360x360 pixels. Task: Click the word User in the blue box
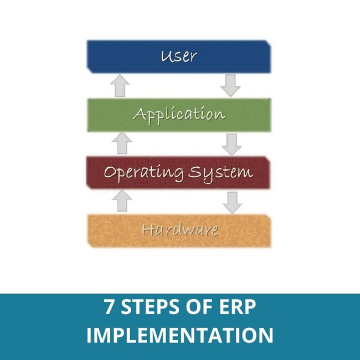(179, 56)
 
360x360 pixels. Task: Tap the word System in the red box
(220, 173)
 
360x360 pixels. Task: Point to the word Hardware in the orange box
(180, 230)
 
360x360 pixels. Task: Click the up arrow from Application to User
(120, 85)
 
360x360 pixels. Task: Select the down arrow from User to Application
(230, 85)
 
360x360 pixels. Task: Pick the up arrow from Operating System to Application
(122, 143)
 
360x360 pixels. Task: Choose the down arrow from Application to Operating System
(232, 145)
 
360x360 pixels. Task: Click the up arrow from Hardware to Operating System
(122, 200)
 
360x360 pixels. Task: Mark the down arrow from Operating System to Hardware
(232, 203)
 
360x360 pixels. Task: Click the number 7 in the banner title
(109, 307)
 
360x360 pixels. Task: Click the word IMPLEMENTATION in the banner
(180, 335)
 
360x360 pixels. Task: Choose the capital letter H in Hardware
(148, 230)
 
